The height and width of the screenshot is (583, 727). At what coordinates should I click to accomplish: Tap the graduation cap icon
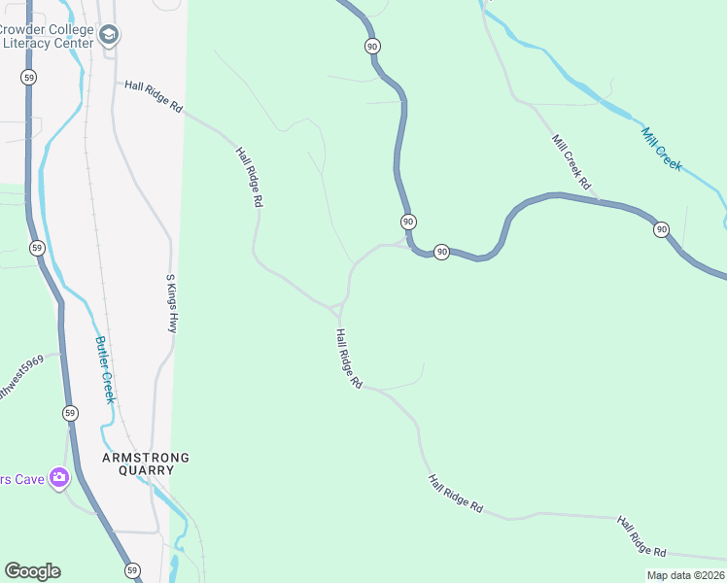pos(109,37)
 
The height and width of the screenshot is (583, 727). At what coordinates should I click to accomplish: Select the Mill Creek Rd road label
pos(571,161)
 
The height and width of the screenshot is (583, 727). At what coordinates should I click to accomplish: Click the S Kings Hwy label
pos(172,302)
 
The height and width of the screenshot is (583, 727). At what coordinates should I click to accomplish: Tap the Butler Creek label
pos(105,369)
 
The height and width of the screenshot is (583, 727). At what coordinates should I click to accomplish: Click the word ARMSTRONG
pos(147,458)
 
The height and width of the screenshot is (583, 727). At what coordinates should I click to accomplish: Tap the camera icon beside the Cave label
pos(59,477)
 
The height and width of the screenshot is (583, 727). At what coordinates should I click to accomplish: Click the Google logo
pos(32,571)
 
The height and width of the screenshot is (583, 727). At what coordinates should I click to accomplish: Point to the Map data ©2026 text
pos(686,575)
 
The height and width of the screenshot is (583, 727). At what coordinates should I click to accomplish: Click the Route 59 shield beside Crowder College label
pos(29,75)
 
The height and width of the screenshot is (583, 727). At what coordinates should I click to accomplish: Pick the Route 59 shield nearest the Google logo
pos(132,570)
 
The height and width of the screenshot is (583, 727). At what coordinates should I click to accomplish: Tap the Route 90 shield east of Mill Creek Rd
pos(661,229)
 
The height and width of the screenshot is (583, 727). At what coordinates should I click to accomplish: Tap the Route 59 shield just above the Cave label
pos(70,413)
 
